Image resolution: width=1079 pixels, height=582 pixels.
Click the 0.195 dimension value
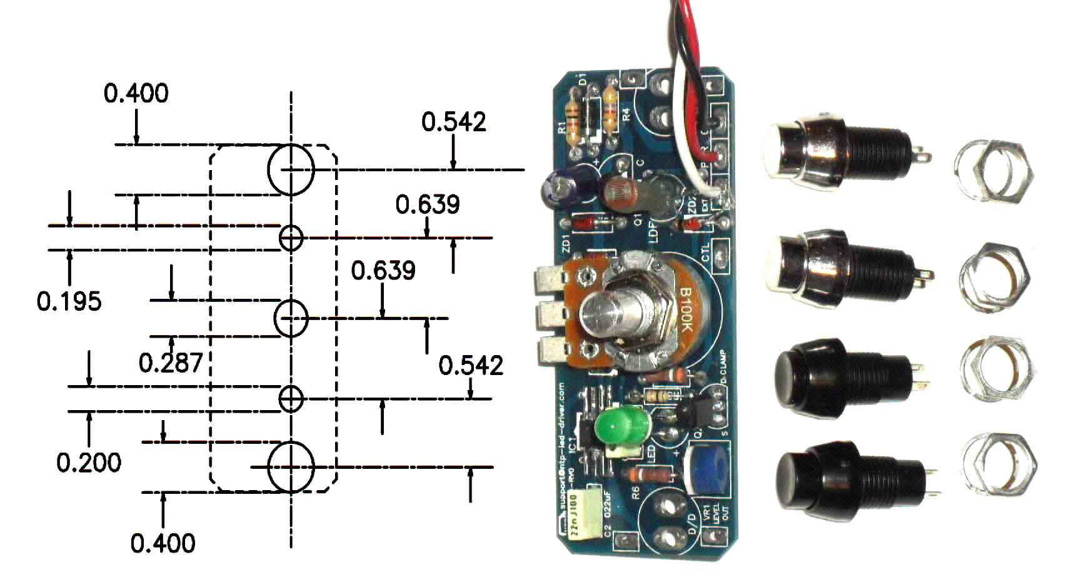coord(69,301)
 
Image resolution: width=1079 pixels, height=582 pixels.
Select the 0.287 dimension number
coord(171,363)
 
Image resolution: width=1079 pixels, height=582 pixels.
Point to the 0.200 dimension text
coord(89,463)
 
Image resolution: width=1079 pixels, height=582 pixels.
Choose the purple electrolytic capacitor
coord(561,185)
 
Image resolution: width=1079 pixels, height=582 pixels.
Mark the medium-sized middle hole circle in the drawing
coord(291,318)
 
